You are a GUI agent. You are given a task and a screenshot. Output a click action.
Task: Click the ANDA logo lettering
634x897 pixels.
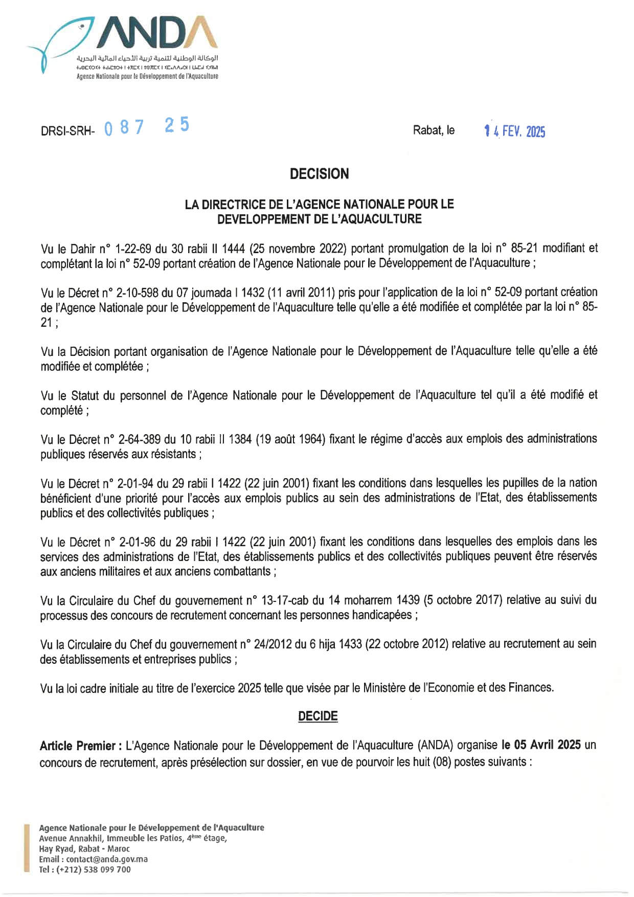click(x=160, y=34)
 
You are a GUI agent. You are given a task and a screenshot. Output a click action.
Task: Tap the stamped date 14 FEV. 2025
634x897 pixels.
click(x=515, y=131)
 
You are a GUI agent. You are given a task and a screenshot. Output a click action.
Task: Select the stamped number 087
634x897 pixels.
click(x=124, y=127)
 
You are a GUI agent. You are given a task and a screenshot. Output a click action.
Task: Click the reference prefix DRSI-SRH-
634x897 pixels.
click(x=67, y=131)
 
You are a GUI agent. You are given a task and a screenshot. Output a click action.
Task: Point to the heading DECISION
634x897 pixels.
click(x=319, y=174)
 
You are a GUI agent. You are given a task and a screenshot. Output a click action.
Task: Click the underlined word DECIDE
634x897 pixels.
click(x=318, y=716)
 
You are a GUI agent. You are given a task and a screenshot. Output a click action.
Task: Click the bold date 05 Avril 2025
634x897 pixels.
click(x=547, y=745)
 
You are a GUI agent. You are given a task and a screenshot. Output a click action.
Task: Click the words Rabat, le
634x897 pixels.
click(x=434, y=130)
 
